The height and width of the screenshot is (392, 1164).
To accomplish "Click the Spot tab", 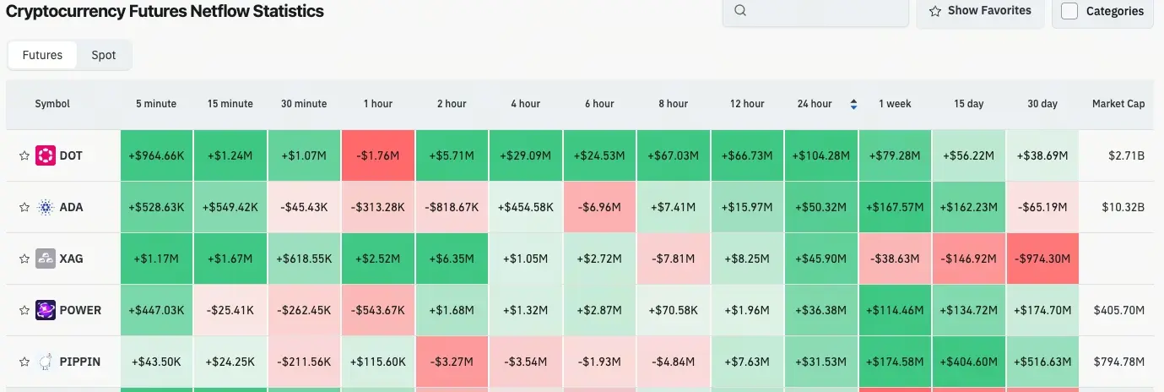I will (x=104, y=55).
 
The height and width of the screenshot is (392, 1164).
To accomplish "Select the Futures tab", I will (x=42, y=55).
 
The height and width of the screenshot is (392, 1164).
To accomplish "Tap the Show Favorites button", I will (x=980, y=11).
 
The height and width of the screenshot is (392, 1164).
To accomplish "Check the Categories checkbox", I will (x=1069, y=11).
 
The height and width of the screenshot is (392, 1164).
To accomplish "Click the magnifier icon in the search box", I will (x=740, y=11).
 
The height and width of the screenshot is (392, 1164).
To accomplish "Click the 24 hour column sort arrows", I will (x=853, y=104).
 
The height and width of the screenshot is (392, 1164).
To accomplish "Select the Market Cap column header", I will (x=1118, y=104).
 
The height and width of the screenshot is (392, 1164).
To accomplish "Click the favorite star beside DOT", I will (x=24, y=156).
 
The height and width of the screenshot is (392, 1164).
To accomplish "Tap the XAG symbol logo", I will (x=46, y=259).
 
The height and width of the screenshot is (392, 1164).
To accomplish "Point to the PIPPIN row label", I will (x=79, y=362).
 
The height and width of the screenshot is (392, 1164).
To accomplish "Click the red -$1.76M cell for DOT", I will (x=377, y=155).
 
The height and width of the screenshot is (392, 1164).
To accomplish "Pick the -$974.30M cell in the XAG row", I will (x=1042, y=259).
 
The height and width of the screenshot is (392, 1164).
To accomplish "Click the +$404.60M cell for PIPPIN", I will (x=969, y=362).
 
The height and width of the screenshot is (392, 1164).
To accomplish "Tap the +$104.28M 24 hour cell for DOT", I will (x=820, y=155).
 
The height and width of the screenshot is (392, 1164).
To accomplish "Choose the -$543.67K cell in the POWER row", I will (x=377, y=310).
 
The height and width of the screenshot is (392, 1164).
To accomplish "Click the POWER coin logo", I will (x=46, y=310).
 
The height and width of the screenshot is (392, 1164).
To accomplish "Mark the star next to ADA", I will (x=24, y=208).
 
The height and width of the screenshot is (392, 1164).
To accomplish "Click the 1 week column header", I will (x=895, y=104).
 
